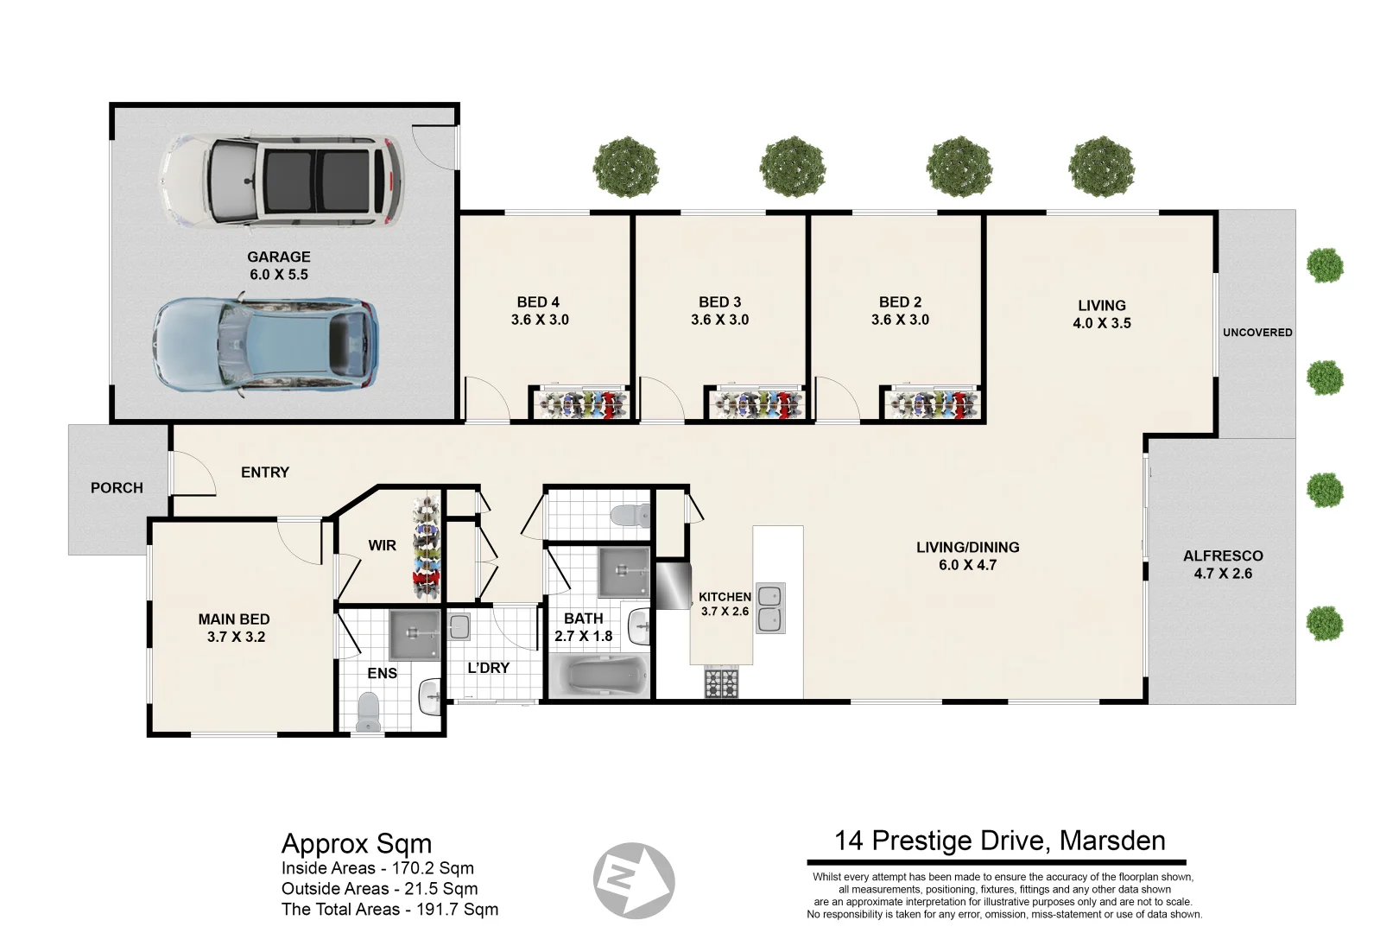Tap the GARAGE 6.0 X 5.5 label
click(278, 265)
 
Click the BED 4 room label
click(539, 311)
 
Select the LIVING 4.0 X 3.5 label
click(1101, 314)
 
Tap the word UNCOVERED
click(1257, 333)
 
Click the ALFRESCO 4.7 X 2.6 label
click(1223, 564)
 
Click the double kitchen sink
click(770, 608)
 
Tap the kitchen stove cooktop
click(723, 683)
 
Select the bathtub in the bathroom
click(598, 676)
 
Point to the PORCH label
click(117, 488)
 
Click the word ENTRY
click(265, 473)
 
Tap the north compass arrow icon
click(633, 882)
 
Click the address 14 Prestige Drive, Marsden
click(999, 841)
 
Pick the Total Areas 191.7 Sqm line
click(389, 909)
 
